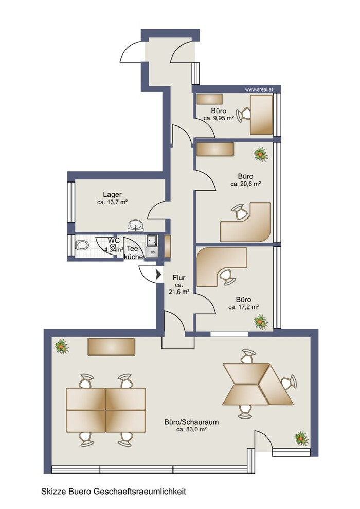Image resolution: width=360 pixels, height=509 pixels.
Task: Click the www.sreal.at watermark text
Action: click(x=258, y=89)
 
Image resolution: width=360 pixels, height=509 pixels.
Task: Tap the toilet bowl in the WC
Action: click(x=82, y=245)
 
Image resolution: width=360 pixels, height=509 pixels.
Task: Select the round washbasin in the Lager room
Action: click(x=136, y=225)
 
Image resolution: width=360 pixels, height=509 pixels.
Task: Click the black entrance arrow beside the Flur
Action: click(x=158, y=275)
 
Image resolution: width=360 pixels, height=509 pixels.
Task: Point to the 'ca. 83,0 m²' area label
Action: click(x=191, y=429)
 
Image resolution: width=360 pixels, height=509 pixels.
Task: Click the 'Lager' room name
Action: click(x=112, y=194)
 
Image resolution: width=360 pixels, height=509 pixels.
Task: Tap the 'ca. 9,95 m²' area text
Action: click(x=219, y=118)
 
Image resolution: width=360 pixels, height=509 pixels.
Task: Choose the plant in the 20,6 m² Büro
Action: click(x=261, y=154)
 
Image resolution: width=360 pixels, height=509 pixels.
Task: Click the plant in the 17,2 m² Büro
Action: click(x=261, y=321)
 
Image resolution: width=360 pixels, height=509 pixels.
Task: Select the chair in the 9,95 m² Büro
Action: click(x=243, y=115)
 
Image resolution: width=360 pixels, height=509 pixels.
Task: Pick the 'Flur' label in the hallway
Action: click(x=179, y=278)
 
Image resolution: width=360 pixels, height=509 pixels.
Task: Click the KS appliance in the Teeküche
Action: click(x=152, y=252)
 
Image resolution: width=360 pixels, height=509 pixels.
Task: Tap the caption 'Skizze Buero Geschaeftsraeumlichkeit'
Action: click(x=114, y=492)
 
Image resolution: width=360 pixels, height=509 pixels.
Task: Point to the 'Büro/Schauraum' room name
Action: click(x=191, y=422)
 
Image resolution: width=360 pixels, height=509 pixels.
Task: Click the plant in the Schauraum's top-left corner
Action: click(x=61, y=347)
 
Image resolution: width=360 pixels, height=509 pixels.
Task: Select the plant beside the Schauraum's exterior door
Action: click(x=301, y=438)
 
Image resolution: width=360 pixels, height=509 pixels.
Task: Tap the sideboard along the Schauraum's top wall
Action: click(x=112, y=347)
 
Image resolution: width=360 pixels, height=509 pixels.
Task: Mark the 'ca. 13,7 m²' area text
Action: click(x=112, y=202)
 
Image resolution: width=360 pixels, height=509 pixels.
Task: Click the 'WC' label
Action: click(x=114, y=241)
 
